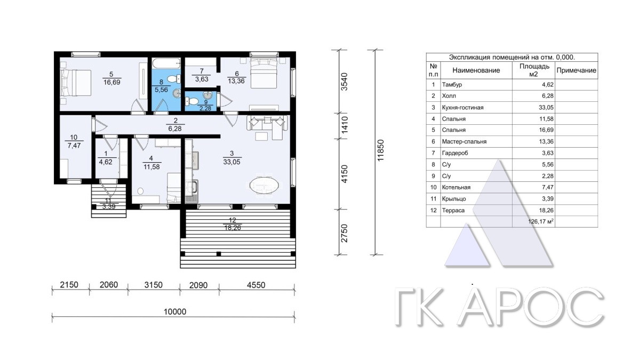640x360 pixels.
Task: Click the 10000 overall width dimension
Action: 175,311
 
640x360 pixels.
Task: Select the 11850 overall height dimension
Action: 380,150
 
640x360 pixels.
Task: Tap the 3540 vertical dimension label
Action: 345,82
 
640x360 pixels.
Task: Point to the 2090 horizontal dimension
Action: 198,285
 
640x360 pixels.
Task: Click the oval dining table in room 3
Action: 264,186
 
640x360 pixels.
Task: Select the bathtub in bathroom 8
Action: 166,63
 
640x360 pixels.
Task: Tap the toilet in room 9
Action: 193,101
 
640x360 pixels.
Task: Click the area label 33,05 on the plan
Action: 231,162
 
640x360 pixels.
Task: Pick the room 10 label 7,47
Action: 74,146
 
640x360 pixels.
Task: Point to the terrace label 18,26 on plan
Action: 233,228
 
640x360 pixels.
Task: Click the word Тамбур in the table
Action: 452,85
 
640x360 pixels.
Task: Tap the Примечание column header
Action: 577,70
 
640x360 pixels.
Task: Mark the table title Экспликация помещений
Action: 512,57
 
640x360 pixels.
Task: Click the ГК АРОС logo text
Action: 499,307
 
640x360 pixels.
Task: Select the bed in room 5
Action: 76,83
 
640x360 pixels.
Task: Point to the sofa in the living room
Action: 267,123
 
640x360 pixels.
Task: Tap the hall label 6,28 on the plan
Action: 175,129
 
